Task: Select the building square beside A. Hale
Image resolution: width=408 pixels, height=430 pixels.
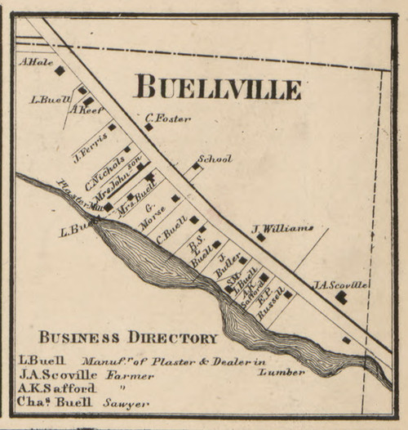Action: (60, 71)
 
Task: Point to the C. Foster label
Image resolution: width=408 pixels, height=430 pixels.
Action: (169, 118)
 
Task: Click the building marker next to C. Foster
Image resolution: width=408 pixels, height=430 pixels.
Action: (149, 127)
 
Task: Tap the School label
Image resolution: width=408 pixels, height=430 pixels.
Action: (215, 159)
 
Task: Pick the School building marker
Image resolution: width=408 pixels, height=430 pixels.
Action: (196, 167)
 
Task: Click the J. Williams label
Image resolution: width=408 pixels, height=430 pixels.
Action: (282, 228)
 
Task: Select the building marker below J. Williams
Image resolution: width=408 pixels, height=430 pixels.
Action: (260, 238)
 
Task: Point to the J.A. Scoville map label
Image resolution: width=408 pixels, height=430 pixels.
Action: (340, 284)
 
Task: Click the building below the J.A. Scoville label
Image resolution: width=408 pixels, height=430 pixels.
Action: (341, 298)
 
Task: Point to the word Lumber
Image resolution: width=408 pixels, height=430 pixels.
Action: (282, 372)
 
